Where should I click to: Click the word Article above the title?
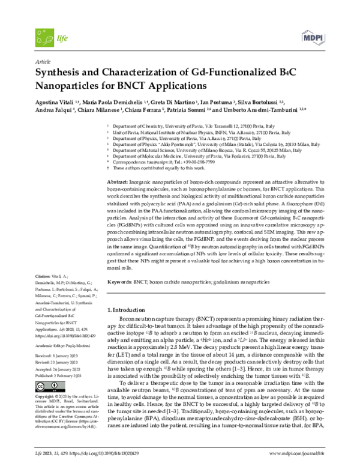pos(44,62)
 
